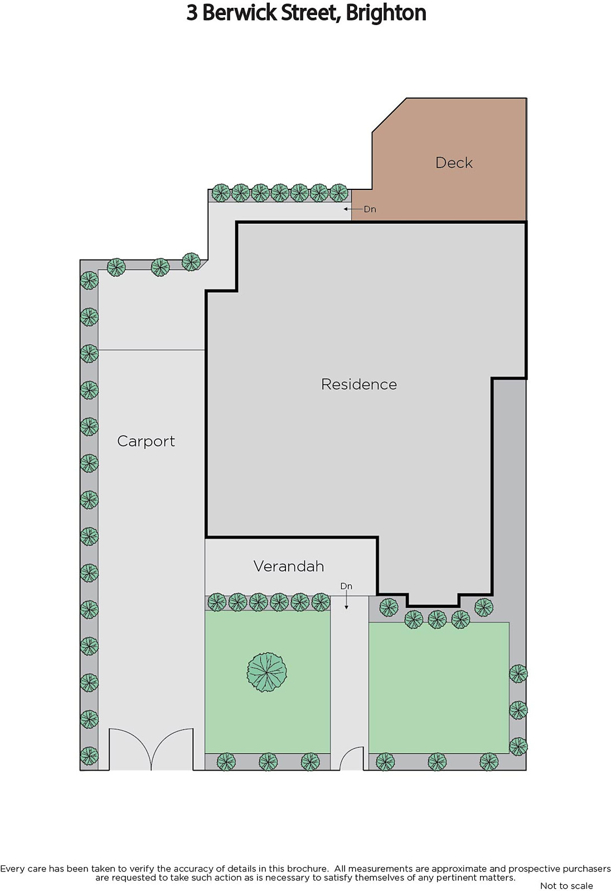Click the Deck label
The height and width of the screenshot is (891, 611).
pos(454,163)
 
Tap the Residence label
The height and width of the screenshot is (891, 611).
pos(359,384)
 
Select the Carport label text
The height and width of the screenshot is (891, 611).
pos(146,442)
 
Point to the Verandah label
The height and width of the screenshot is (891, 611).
pos(289,566)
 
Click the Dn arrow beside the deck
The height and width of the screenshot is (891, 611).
pos(353,209)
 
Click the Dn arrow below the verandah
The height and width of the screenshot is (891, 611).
pos(347,600)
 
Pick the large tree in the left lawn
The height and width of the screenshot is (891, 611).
pos(267,672)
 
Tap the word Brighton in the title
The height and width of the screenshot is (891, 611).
pos(386,13)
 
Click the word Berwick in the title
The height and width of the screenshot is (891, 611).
pos(240,13)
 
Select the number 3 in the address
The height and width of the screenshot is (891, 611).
pos(192,13)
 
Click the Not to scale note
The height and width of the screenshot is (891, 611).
pos(566,885)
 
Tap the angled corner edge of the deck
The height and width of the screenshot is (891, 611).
pos(389,115)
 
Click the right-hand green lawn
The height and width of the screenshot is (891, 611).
pos(439,688)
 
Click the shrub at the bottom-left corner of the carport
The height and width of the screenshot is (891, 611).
pos(89,756)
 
